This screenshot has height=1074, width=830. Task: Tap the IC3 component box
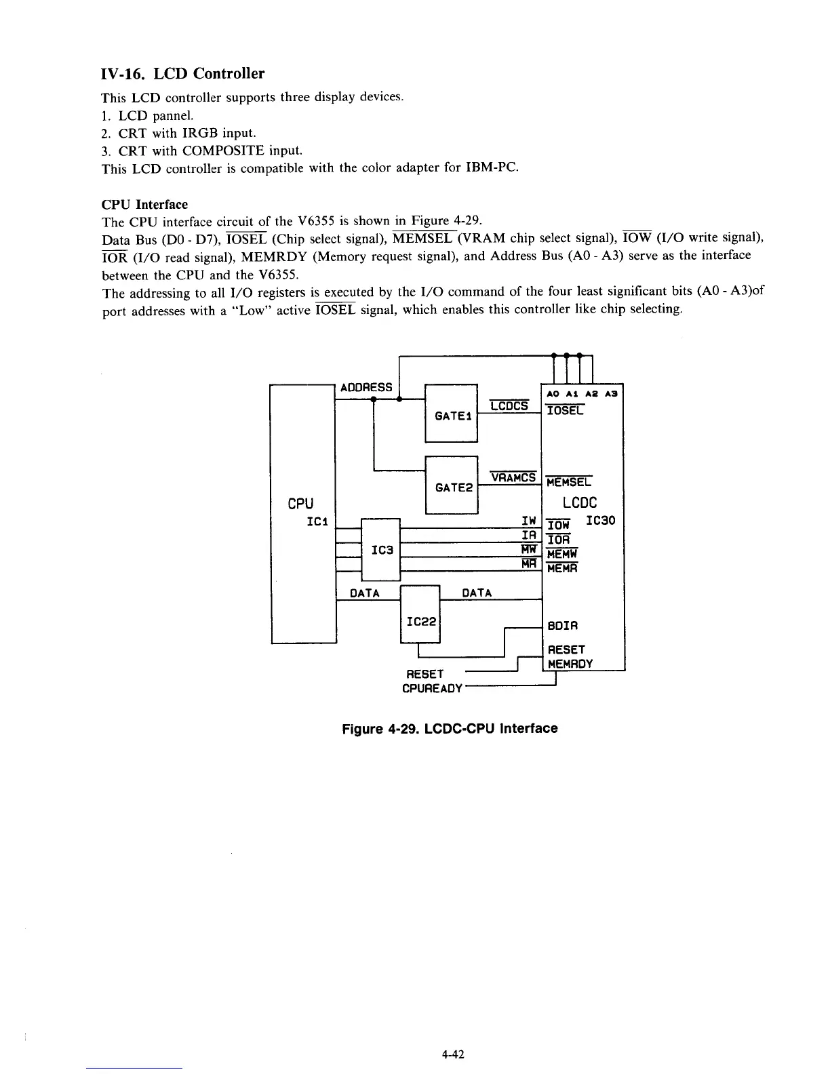[x=382, y=549]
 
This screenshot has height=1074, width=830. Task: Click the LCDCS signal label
[x=509, y=405]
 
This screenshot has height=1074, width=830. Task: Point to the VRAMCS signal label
[x=513, y=477]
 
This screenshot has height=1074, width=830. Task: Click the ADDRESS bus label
[x=366, y=387]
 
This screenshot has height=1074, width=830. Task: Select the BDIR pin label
[x=563, y=625]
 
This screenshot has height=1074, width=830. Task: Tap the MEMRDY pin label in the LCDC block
[x=570, y=664]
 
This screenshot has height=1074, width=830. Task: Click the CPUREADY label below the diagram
[x=432, y=688]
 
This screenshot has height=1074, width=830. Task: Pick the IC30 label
[x=600, y=521]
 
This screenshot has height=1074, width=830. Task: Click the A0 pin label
[x=553, y=393]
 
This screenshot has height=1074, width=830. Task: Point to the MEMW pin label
[x=562, y=553]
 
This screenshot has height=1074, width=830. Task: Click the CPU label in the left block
[x=300, y=503]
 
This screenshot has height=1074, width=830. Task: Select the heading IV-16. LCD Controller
[x=182, y=73]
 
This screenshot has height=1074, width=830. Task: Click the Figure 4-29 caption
[x=450, y=728]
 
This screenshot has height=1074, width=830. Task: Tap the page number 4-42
[x=452, y=1054]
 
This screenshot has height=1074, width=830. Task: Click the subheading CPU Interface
[x=144, y=204]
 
